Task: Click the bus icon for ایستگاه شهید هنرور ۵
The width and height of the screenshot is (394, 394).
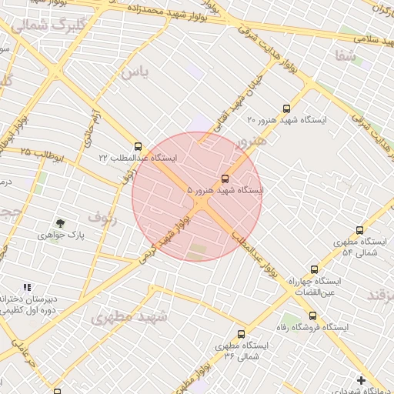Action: coord(225,179)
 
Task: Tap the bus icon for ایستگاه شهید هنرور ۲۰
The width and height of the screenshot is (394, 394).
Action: coord(287,109)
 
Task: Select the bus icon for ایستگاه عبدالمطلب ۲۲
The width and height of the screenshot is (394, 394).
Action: coord(139,146)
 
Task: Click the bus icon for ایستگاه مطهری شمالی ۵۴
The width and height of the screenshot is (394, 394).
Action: coord(359,230)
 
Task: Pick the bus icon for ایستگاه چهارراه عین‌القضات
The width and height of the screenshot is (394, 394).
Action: coord(314,269)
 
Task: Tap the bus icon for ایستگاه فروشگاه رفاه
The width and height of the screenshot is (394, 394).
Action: coord(312,316)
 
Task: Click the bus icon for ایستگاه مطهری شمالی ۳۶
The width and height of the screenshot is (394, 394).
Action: coord(242,335)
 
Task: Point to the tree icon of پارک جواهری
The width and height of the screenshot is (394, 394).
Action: coord(61,222)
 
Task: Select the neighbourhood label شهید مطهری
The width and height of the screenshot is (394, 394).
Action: coord(129,316)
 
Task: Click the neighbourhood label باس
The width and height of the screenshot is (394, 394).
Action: coord(132,72)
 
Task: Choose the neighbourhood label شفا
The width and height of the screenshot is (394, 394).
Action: coord(346,55)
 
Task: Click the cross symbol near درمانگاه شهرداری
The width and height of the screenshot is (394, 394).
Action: coord(362,379)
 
